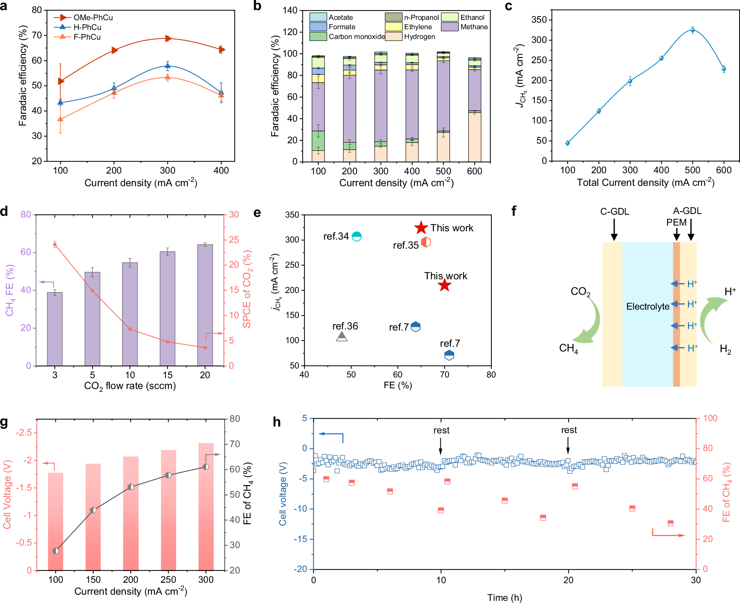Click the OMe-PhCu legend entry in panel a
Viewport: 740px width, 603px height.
pos(93,17)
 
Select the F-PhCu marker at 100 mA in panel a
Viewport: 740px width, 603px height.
pos(60,119)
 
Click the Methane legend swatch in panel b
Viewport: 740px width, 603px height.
pos(449,27)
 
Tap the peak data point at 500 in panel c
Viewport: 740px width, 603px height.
pos(692,30)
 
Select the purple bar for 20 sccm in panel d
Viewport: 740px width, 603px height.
pos(205,305)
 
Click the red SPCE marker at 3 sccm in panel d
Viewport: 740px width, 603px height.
pos(55,245)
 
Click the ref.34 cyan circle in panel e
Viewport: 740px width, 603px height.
pos(357,236)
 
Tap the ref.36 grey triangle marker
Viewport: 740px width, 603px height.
pos(341,337)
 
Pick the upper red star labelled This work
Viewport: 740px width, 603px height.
pos(421,228)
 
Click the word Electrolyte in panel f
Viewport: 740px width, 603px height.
pos(648,306)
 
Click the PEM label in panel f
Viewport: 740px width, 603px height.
pos(676,222)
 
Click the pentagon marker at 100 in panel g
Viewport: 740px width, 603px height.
pos(56,551)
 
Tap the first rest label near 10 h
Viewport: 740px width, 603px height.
pos(441,430)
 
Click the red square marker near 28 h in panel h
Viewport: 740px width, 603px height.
pos(670,523)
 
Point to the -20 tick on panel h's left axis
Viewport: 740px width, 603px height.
pos(301,569)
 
